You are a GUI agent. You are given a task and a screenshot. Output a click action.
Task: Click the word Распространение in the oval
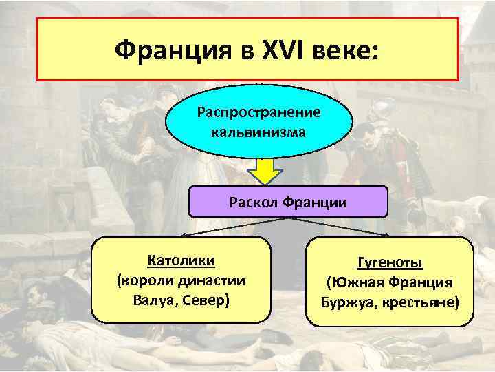(x=258, y=111)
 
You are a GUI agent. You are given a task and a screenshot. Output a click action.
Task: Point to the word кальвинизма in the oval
(x=258, y=131)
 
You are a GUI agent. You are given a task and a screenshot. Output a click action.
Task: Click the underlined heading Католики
(x=181, y=261)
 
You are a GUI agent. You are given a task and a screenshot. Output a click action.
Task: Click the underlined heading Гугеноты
(x=390, y=263)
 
